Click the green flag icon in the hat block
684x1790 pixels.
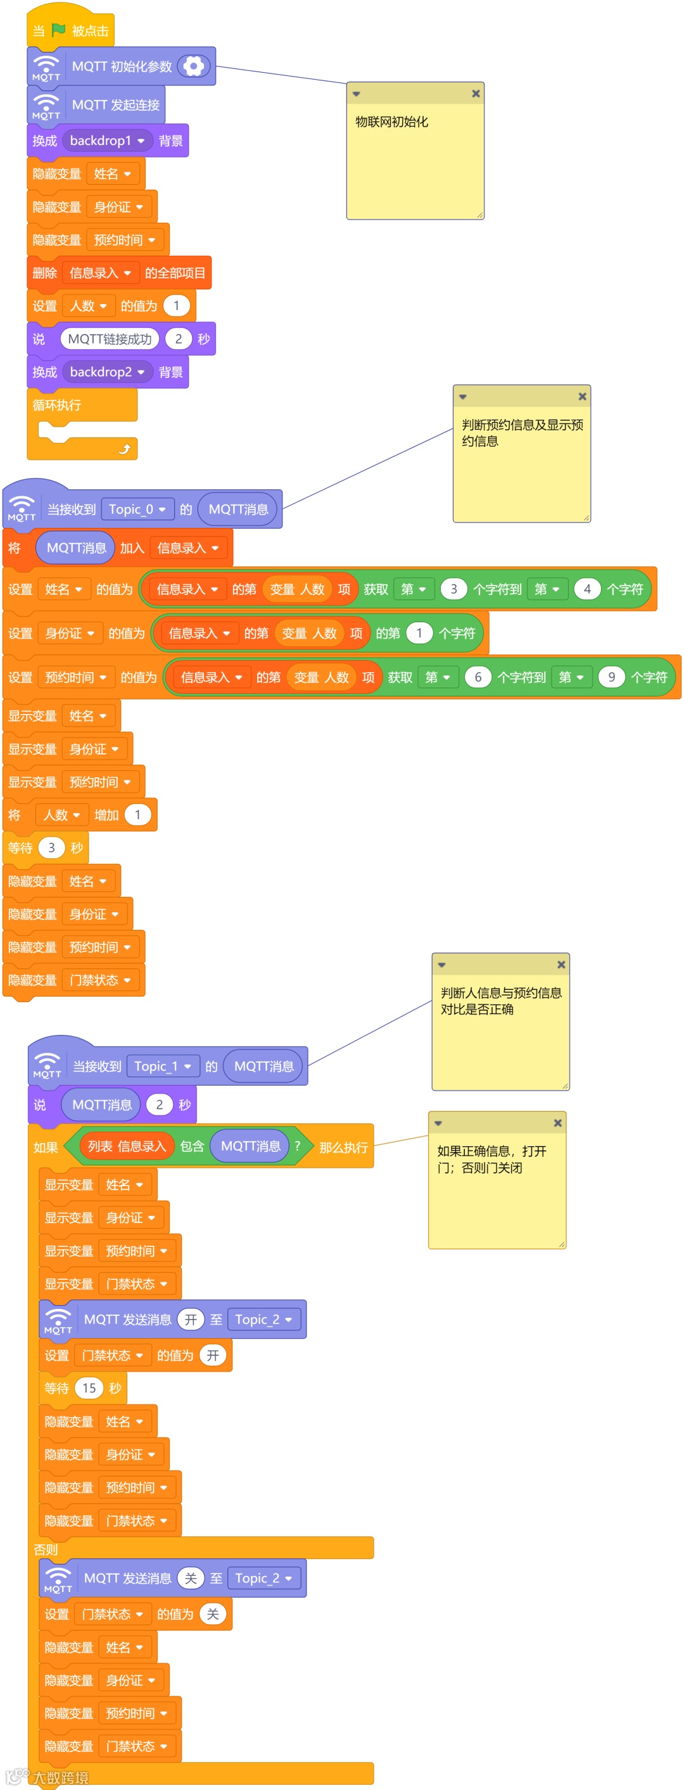58,30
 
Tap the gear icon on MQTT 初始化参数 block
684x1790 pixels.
193,66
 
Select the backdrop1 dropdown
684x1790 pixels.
106,141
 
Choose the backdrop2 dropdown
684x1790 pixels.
106,372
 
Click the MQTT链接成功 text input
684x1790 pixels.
110,339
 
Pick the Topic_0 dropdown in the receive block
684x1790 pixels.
136,510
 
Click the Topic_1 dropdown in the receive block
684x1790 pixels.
162,1066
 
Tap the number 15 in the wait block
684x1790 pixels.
89,1387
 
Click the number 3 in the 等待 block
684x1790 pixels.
51,848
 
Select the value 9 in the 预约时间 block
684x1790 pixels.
611,677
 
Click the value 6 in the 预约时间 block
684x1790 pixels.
478,677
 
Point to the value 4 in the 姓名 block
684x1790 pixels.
586,589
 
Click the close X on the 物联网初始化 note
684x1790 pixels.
476,94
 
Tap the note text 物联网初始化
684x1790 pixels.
391,122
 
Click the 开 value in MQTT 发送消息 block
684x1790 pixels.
191,1320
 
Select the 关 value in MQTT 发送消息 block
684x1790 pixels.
191,1578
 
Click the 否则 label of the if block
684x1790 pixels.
46,1549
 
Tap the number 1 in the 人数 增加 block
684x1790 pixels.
137,815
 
